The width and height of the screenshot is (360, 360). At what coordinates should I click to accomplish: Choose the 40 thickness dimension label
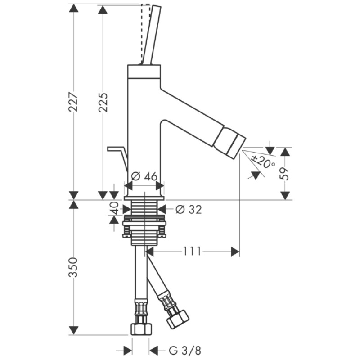[114, 209]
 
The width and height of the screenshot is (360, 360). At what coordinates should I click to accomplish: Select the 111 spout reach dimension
[192, 251]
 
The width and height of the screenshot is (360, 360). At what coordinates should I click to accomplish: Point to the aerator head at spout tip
[229, 142]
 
